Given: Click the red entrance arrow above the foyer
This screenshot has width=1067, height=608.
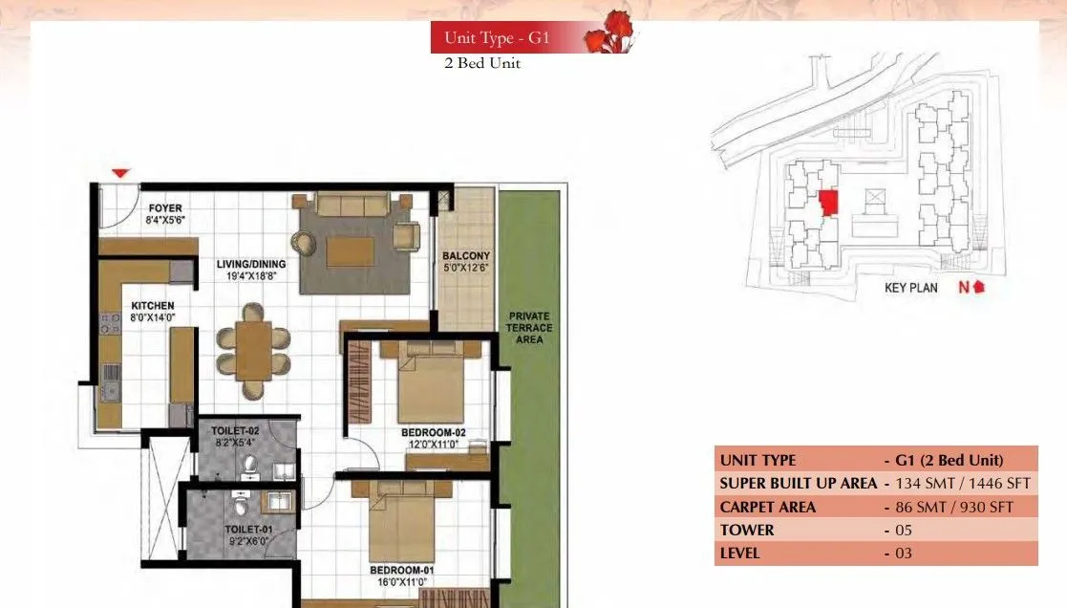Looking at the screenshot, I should click(x=120, y=173).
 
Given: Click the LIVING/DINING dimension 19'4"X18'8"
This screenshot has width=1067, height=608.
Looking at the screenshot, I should click(x=245, y=276).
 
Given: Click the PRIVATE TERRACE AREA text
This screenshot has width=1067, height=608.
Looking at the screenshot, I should click(x=530, y=328).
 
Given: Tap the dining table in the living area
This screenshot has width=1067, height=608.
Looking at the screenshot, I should click(x=253, y=350).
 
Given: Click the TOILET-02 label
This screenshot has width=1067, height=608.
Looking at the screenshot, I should click(x=235, y=431).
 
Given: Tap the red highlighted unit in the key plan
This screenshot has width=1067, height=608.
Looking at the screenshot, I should click(x=828, y=203).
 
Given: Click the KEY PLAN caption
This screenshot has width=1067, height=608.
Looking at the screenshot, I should click(x=911, y=288).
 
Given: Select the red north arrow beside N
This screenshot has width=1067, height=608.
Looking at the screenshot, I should click(x=978, y=287).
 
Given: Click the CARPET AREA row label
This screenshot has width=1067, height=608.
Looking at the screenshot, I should click(x=768, y=508).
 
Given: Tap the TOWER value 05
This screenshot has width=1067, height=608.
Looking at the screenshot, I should click(x=904, y=531).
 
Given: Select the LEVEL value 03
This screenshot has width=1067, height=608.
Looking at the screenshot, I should click(x=904, y=554).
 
